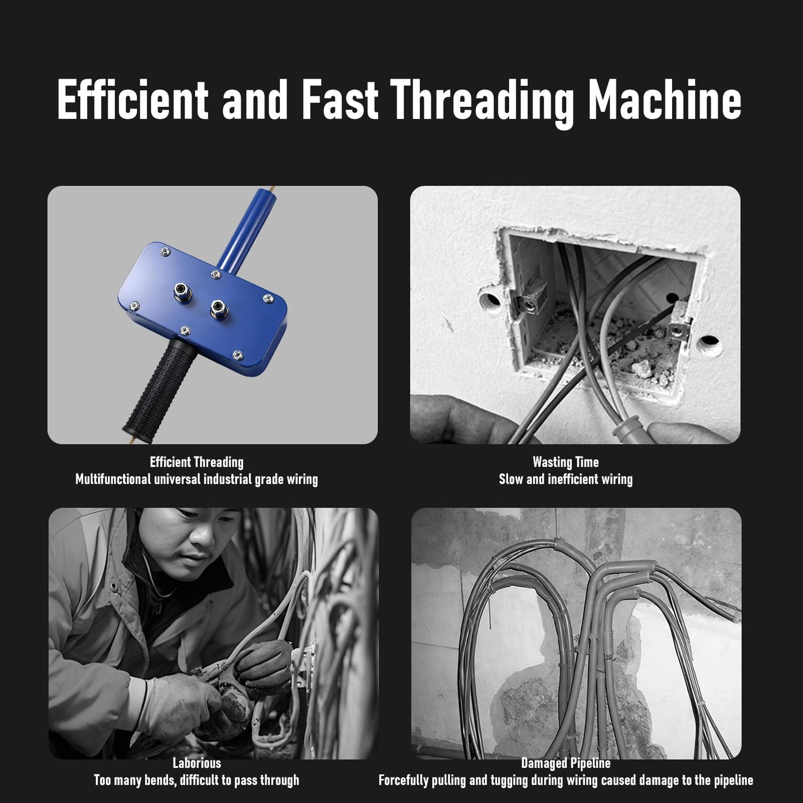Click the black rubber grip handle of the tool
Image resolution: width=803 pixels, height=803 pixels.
158,386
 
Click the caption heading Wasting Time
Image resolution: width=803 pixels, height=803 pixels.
566,462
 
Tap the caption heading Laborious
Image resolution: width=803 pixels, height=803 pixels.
197,763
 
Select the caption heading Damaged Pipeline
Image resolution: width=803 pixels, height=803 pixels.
566,763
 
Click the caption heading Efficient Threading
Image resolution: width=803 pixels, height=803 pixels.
197,462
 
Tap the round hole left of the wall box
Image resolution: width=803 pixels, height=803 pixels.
490,301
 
